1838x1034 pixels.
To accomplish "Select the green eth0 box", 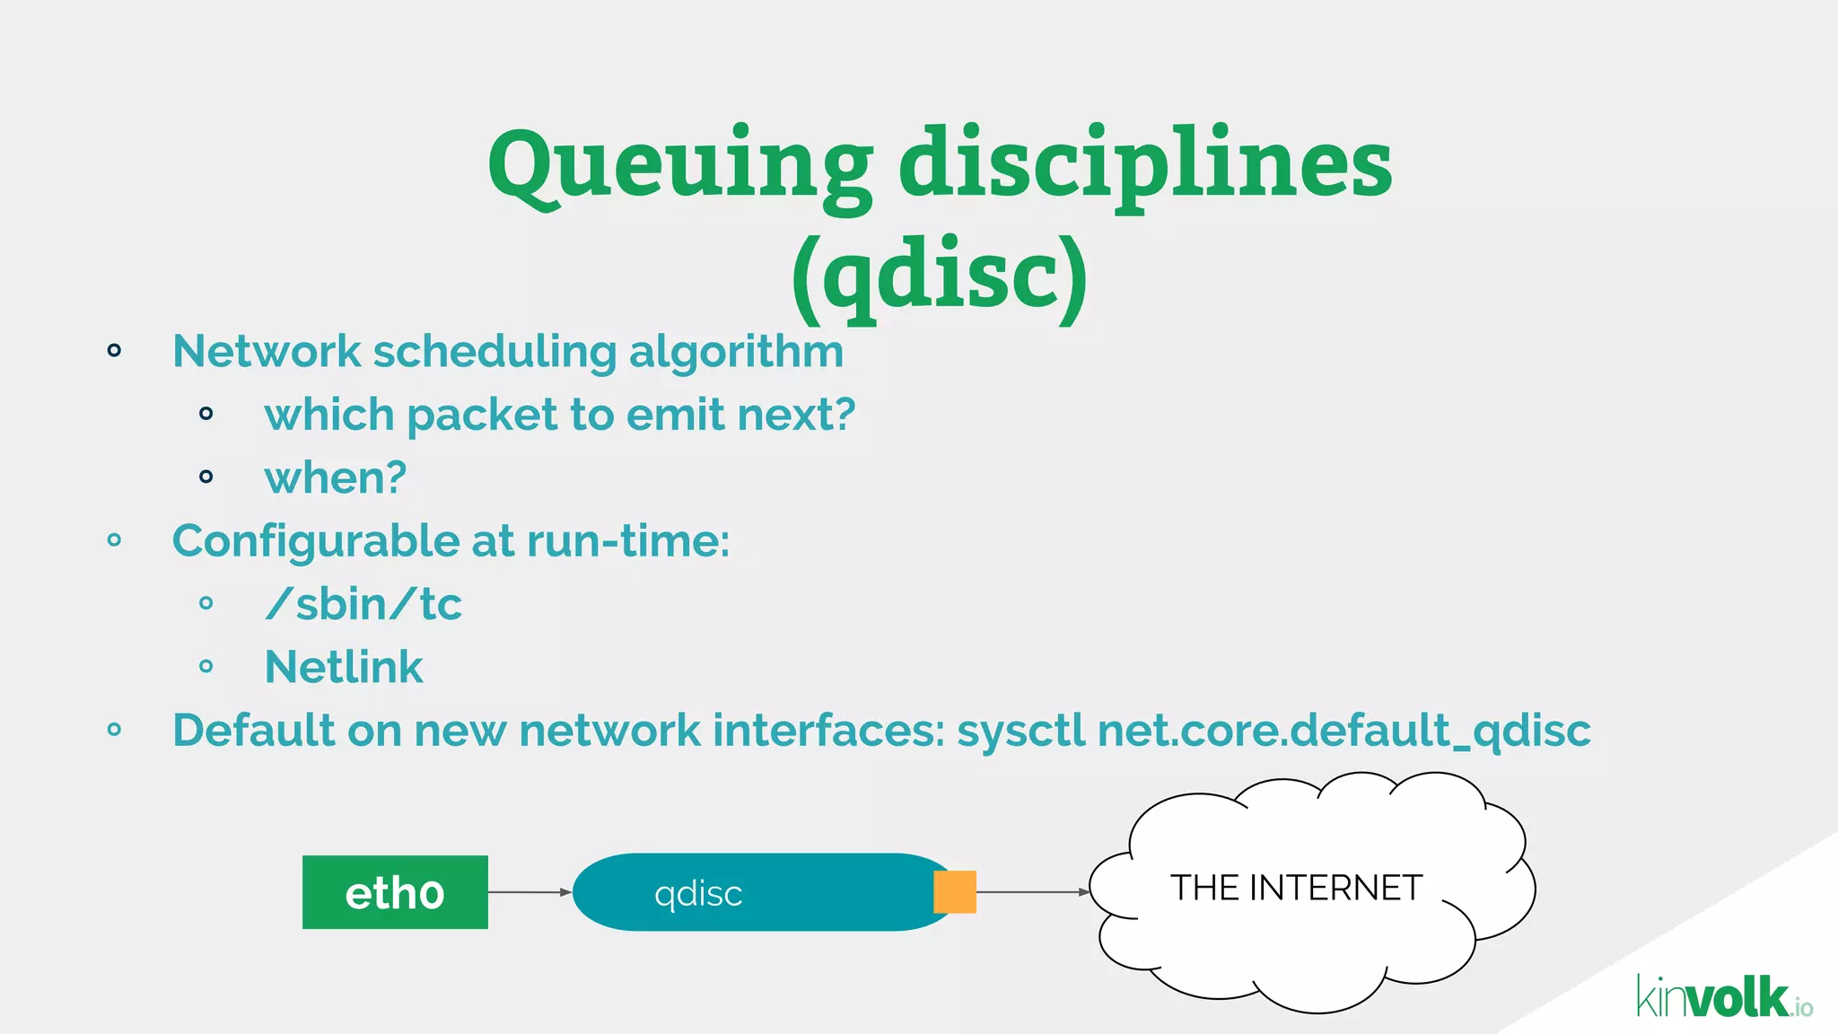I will [x=395, y=892].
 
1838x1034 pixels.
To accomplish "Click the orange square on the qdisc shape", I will [x=955, y=891].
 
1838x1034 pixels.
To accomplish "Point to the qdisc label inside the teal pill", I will [x=698, y=894].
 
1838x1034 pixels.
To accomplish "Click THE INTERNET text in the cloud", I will [x=1296, y=888].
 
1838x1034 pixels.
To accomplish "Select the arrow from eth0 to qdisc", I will [x=530, y=892].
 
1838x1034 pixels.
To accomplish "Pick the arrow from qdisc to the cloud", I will [x=1032, y=892].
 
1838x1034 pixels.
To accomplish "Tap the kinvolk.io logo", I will [x=1723, y=997].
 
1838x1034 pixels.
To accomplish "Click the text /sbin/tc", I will [x=363, y=604].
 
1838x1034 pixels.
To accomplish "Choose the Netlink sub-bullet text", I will [x=344, y=667].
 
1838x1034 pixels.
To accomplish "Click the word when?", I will [x=335, y=478].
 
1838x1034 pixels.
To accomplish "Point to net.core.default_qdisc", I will [x=1343, y=731].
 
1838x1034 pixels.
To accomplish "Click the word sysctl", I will [x=1021, y=731].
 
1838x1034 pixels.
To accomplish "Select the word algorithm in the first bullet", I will [x=736, y=352].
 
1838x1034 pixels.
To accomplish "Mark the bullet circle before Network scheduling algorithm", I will [x=114, y=350].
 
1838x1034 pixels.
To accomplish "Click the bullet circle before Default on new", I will [x=114, y=730].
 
